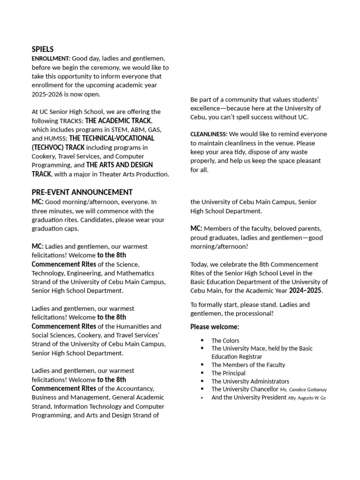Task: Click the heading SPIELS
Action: (43, 49)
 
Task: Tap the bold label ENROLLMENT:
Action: (51, 59)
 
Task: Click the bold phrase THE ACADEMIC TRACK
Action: (118, 121)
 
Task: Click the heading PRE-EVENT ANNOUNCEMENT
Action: (82, 192)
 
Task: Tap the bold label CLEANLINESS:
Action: (209, 135)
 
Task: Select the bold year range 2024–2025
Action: (306, 291)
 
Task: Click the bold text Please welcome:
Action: (215, 327)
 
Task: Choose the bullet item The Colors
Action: (225, 341)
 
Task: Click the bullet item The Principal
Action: (228, 373)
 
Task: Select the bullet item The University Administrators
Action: (250, 382)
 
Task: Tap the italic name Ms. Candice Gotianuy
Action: (303, 390)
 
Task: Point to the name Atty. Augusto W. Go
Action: (307, 398)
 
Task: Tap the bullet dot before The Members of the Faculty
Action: (202, 365)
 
